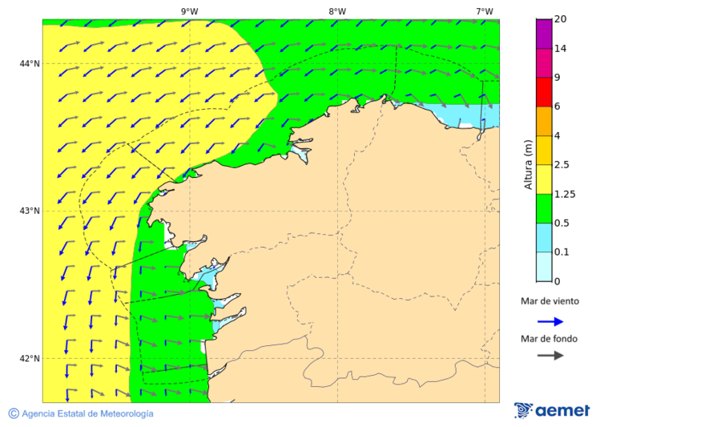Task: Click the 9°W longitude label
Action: click(189, 11)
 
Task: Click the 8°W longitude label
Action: click(336, 11)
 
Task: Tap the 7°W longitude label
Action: click(484, 11)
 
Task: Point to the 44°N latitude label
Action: click(30, 63)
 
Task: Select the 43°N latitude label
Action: click(30, 211)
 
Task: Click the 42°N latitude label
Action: click(30, 358)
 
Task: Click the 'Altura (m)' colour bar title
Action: click(528, 164)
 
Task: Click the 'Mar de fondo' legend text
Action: click(549, 338)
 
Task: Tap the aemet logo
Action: click(552, 410)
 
